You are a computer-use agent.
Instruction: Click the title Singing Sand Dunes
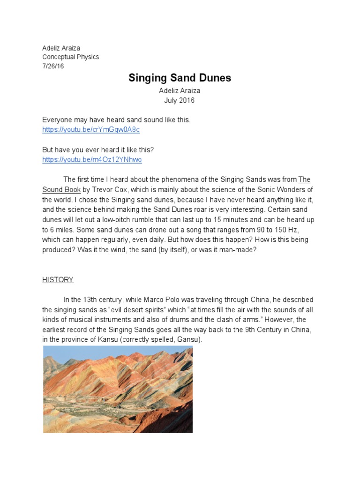point(180,78)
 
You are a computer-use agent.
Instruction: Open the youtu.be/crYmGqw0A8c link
point(91,129)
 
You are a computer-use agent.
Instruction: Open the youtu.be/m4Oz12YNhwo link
point(92,159)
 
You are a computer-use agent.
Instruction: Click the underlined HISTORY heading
point(58,280)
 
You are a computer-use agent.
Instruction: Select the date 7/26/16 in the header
point(53,66)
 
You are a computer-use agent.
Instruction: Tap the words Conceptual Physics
point(70,57)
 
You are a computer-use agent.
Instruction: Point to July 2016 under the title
point(179,100)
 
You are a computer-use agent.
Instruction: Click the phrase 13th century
point(97,300)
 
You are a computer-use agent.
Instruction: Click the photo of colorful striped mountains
point(118,389)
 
